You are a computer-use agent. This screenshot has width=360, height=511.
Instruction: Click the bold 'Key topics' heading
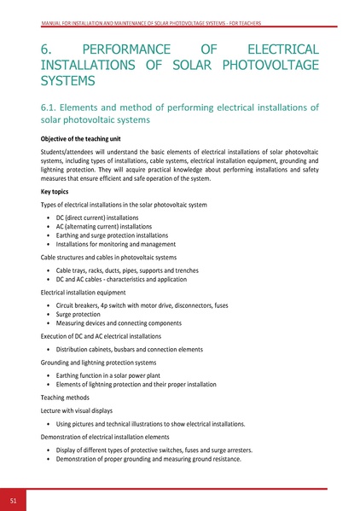point(61,192)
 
